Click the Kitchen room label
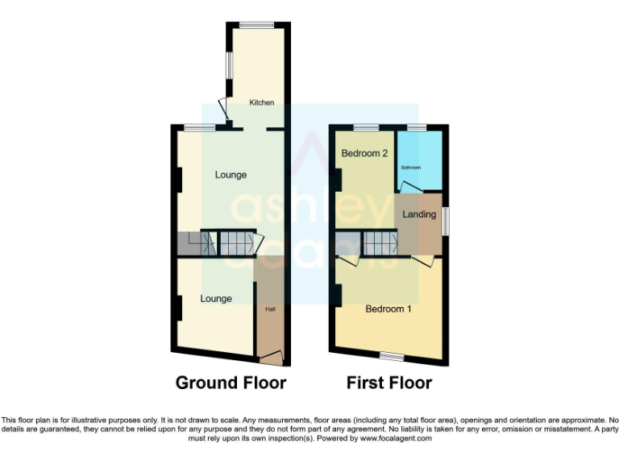pos(261,102)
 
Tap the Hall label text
pos(270,309)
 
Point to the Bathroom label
pos(411,168)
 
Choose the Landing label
pos(419,214)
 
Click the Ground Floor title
pos(231,383)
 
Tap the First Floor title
pos(389,383)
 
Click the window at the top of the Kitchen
pos(256,25)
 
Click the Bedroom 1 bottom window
pos(393,355)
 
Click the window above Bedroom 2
pos(366,127)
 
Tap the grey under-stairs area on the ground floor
pos(190,243)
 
